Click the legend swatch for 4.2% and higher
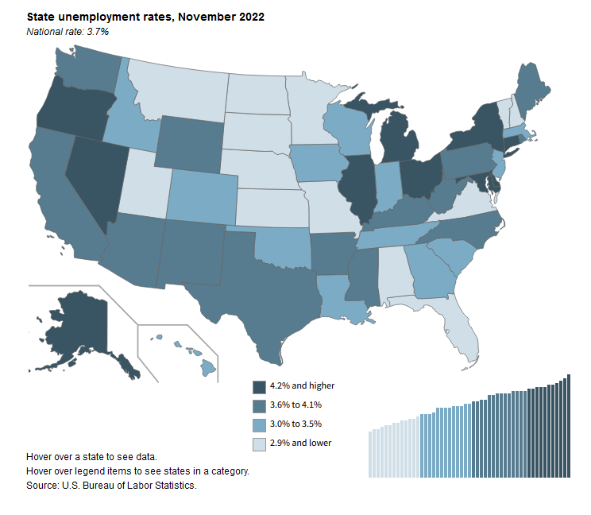tap(259, 386)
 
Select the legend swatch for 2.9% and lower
tap(259, 443)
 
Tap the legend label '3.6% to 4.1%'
tap(295, 405)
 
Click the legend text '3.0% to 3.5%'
tap(295, 424)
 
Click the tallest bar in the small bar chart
tap(569, 426)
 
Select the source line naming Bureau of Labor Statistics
tap(111, 485)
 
